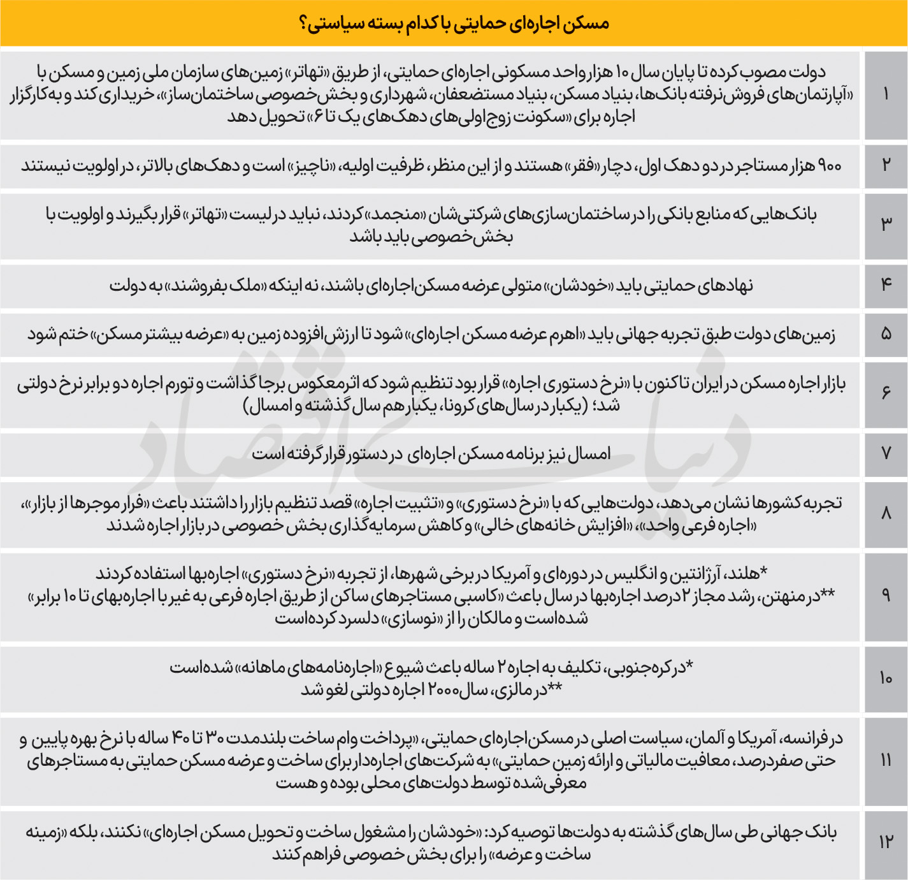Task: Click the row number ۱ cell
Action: [x=886, y=94]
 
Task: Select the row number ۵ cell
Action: [x=886, y=334]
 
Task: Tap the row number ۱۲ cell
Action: [x=886, y=842]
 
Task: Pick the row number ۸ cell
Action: [x=886, y=513]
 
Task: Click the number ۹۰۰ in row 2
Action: [x=829, y=166]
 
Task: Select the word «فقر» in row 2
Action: [x=581, y=166]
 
